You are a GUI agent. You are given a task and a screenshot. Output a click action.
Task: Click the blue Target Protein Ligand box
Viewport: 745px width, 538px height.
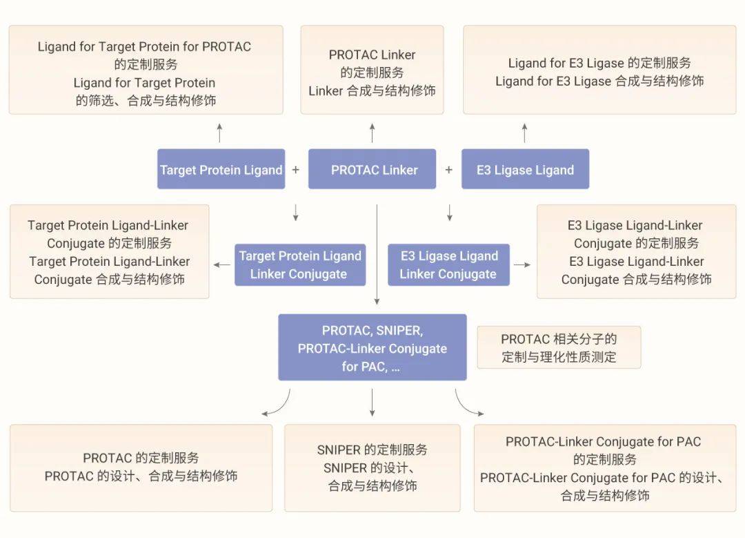click(221, 169)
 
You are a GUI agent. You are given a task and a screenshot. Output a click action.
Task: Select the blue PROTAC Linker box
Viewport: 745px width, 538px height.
click(372, 169)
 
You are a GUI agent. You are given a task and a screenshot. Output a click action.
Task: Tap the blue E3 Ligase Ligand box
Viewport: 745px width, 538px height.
click(525, 169)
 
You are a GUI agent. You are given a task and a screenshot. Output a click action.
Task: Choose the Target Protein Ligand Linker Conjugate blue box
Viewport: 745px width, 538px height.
click(300, 265)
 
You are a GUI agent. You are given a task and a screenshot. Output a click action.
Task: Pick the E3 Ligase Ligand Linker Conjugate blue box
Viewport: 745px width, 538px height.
click(448, 265)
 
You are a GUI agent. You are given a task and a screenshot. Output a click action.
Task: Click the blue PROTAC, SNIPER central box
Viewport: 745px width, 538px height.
click(372, 347)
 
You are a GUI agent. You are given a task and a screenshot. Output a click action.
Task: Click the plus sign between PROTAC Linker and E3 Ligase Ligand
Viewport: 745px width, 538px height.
click(448, 170)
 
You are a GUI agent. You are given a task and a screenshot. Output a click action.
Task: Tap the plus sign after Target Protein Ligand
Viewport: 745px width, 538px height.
click(296, 170)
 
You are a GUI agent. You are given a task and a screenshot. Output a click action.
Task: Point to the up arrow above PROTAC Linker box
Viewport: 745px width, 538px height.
click(372, 132)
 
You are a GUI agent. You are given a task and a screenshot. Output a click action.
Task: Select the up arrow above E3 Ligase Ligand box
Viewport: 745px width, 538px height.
click(524, 132)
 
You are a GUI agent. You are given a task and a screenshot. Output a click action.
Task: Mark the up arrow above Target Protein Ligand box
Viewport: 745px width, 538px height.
click(219, 132)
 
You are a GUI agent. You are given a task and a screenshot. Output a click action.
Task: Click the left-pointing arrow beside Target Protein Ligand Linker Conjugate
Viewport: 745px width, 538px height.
click(222, 265)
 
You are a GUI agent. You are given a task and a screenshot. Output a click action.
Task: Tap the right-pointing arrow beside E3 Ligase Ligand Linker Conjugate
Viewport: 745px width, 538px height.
click(522, 265)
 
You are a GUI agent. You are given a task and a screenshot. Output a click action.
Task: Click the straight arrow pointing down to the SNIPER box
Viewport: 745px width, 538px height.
click(372, 402)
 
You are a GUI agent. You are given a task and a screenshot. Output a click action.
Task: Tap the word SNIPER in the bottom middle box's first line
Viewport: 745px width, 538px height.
click(339, 450)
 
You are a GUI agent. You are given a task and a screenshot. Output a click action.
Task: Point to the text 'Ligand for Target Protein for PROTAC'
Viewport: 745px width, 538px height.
click(144, 47)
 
